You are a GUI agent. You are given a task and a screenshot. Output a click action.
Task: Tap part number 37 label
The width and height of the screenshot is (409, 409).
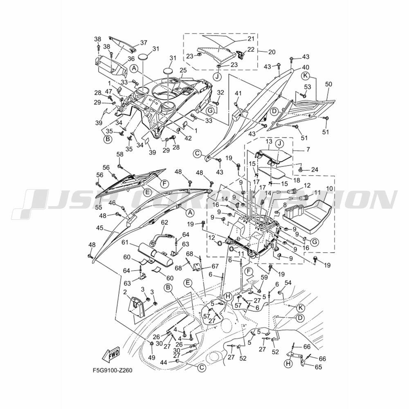coord(144,43)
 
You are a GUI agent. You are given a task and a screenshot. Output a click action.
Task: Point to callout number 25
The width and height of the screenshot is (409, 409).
coord(183,70)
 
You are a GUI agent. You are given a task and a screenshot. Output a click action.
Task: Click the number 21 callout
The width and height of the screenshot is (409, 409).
coord(251,39)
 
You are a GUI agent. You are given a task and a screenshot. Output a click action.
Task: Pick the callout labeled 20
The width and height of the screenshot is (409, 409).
coord(272,52)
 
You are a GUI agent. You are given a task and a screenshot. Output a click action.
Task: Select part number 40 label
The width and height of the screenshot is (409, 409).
coord(299,67)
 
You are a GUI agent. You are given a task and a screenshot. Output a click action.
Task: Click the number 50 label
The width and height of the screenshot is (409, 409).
coord(329,84)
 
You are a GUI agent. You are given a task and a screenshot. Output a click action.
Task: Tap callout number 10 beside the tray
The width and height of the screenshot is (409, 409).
coord(329,188)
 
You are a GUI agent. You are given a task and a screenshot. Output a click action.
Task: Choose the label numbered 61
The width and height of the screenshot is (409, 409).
coord(126,243)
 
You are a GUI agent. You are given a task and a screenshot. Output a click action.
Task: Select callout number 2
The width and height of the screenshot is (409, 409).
coord(125,292)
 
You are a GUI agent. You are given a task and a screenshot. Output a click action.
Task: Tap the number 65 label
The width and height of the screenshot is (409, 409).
coord(318,367)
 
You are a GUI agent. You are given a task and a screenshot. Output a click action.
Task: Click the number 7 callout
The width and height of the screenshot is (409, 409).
coord(308,150)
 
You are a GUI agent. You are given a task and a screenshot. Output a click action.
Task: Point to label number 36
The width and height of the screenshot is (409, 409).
coord(131,59)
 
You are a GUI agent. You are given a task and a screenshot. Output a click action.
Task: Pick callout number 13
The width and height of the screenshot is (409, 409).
coord(269,142)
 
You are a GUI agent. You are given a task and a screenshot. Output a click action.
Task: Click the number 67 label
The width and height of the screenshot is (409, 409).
coord(215,266)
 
